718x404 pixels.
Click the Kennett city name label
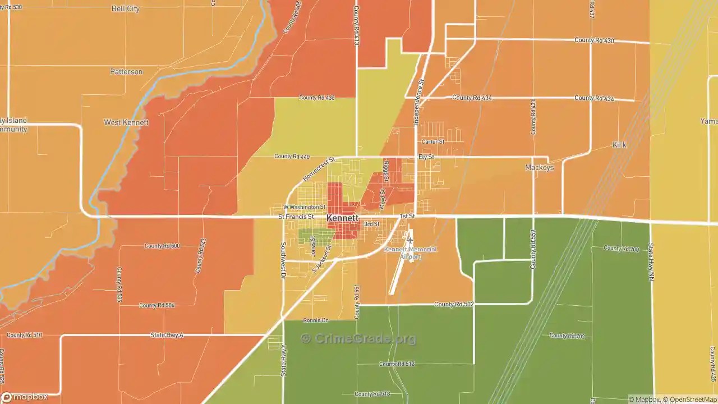point(342,218)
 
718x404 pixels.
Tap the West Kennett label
point(126,122)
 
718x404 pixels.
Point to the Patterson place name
point(126,72)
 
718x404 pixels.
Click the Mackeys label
point(539,168)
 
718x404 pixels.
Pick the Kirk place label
point(619,145)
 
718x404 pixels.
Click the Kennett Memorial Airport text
point(410,252)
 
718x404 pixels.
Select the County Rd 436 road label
point(316,98)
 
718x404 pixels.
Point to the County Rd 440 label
point(292,156)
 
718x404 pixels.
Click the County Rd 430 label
point(594,40)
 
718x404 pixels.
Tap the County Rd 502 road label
point(454,304)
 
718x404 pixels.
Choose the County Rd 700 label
point(621,249)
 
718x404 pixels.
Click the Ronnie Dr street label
point(315,320)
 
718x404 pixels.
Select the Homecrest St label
point(318,168)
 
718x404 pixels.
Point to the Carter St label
point(432,142)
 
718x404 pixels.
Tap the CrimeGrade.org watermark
point(358,338)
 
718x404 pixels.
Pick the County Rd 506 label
point(157,305)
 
